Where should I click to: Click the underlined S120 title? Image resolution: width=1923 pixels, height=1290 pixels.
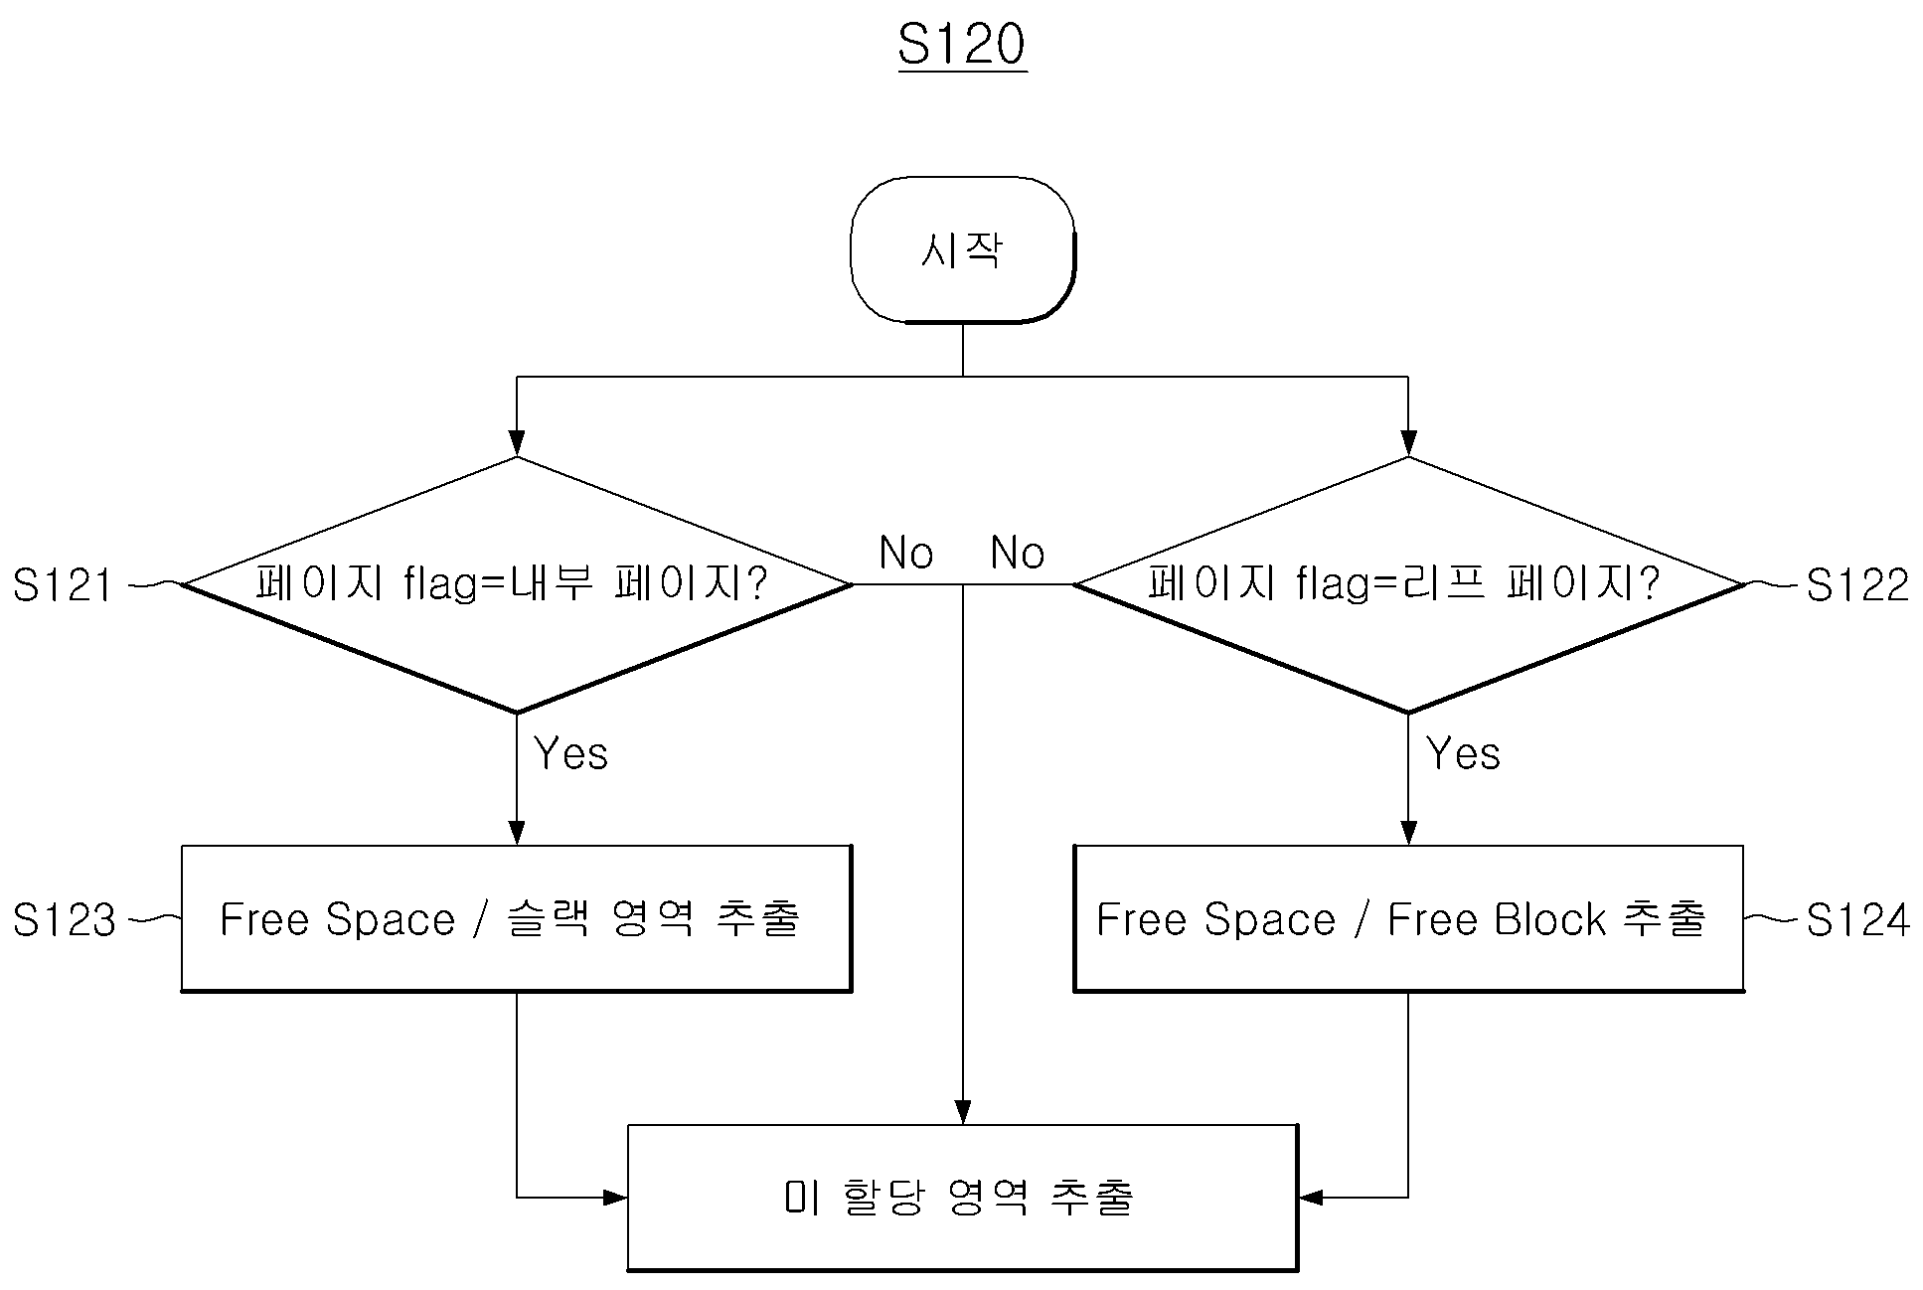pos(962,46)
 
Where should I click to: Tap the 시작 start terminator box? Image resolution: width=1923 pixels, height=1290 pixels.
pos(962,249)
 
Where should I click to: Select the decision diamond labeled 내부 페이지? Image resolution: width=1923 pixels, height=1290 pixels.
pos(517,584)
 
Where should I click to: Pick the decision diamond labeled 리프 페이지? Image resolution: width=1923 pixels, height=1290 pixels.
pos(1408,584)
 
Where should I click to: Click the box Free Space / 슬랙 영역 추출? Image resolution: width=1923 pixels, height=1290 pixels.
pos(517,918)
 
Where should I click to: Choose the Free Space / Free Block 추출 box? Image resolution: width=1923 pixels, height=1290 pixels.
pos(1408,918)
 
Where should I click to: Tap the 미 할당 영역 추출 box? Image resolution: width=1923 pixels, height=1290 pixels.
pos(962,1198)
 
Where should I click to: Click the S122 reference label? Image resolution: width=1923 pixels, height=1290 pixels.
pos(1856,585)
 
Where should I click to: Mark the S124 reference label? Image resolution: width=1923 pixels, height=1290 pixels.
pos(1856,919)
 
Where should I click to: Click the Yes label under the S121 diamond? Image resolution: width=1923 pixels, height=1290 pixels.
pos(570,753)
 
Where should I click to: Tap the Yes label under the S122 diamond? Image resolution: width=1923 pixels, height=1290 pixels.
pos(1463,753)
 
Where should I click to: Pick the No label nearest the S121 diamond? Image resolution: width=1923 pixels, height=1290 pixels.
pos(906,553)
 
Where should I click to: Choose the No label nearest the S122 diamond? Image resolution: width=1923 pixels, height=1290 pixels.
pos(1018,553)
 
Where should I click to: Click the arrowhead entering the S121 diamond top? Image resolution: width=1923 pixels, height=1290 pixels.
pos(517,443)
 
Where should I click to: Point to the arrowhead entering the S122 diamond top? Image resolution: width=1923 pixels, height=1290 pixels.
pos(1408,443)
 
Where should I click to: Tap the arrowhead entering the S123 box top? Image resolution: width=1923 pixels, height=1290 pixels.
pos(517,832)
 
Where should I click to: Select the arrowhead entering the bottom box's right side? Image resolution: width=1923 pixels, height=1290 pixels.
pos(1312,1198)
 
